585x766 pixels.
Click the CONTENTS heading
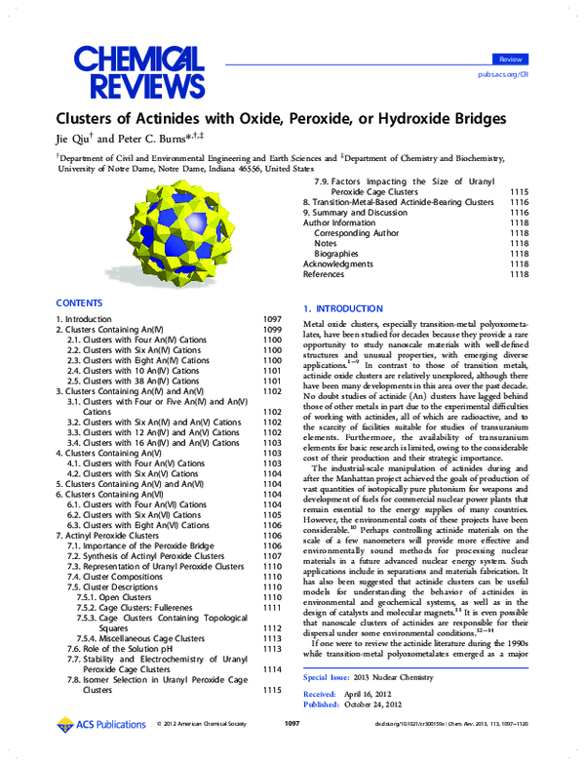[79, 303]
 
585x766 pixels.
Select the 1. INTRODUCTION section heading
[349, 308]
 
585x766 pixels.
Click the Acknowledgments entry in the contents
[337, 263]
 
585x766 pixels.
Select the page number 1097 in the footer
[291, 751]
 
